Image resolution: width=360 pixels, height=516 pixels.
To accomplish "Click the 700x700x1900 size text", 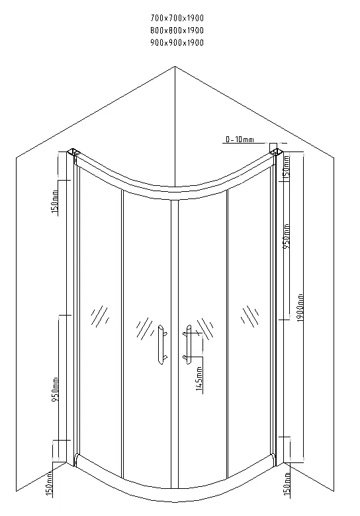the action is click(x=177, y=18).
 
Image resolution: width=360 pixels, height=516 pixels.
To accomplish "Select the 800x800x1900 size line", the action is click(x=177, y=30).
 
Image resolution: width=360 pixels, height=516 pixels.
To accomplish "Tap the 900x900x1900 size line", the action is click(x=177, y=42).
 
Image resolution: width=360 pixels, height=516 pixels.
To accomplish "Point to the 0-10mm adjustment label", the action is click(x=240, y=140).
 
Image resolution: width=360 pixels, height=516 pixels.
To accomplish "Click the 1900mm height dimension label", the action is click(x=300, y=308).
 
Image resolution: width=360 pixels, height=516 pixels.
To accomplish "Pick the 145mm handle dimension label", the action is click(x=199, y=378).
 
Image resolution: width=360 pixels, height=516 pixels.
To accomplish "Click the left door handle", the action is click(x=161, y=345).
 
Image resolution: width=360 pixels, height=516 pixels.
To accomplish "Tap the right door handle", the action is click(x=187, y=345).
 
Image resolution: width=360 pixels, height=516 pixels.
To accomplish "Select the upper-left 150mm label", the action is click(x=55, y=201).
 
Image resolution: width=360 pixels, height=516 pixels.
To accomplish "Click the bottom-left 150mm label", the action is click(x=49, y=483).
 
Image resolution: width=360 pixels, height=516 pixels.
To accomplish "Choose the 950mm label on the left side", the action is click(x=55, y=389).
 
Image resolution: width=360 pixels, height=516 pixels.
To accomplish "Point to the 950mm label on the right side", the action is click(x=287, y=236).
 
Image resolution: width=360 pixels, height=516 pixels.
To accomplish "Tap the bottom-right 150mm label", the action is click(x=287, y=484).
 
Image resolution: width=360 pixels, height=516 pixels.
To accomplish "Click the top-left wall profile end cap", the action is click(x=73, y=152).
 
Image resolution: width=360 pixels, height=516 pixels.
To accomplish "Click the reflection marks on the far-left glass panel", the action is click(x=100, y=316).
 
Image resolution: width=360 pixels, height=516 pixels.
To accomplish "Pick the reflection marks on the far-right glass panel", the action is click(x=249, y=316).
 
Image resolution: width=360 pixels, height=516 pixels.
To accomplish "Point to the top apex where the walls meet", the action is click(x=175, y=66).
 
